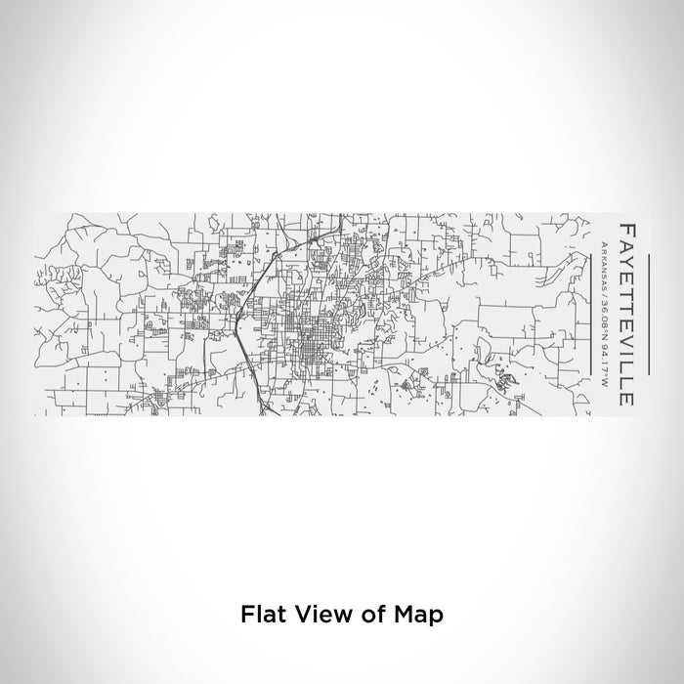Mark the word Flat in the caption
(x=258, y=615)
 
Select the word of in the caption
(x=362, y=615)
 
